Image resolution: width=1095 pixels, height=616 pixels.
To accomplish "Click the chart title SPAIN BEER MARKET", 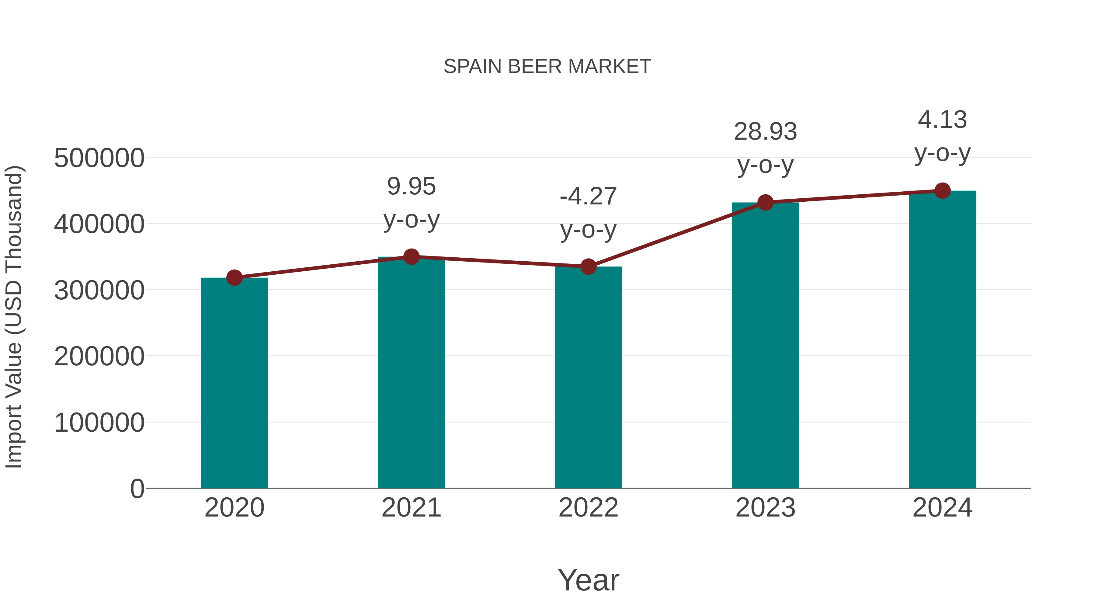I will pyautogui.click(x=547, y=67).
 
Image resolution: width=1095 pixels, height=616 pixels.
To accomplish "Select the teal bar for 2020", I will pyautogui.click(x=234, y=383).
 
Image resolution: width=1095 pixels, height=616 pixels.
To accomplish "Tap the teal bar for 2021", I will pyautogui.click(x=411, y=374).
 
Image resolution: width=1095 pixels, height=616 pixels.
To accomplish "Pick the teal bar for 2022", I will pyautogui.click(x=588, y=378).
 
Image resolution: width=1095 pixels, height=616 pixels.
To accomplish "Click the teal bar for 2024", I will pyautogui.click(x=942, y=340).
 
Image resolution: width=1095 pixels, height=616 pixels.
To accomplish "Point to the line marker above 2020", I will pyautogui.click(x=234, y=278).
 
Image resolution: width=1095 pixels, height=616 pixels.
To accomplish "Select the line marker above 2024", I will pyautogui.click(x=942, y=191).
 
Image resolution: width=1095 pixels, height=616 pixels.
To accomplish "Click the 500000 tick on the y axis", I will pyautogui.click(x=99, y=158).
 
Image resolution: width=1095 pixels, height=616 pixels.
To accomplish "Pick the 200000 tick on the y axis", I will pyautogui.click(x=99, y=356).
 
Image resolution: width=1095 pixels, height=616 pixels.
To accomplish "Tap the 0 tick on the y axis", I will pyautogui.click(x=137, y=489).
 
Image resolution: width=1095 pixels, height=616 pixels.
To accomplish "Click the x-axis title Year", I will pyautogui.click(x=588, y=580).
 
